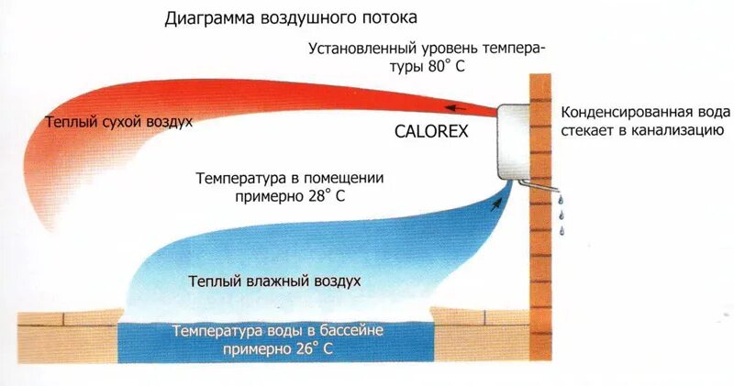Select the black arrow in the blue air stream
click(496, 203)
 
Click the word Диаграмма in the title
click(206, 17)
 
